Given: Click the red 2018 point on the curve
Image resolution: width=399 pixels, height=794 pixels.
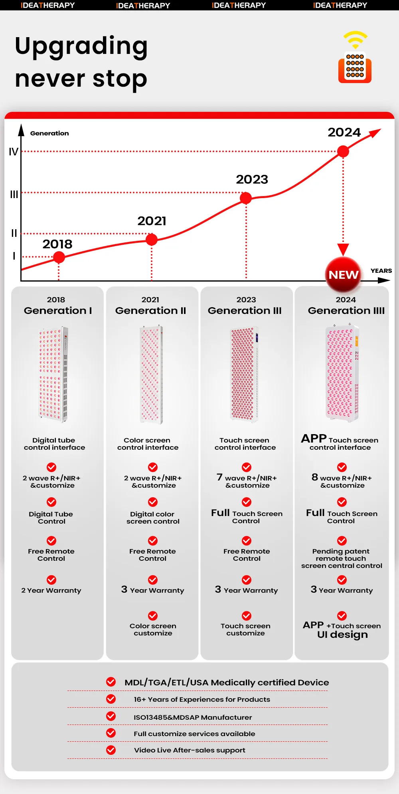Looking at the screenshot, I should pyautogui.click(x=59, y=257).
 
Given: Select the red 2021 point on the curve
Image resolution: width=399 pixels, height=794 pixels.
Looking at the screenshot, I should pyautogui.click(x=152, y=240).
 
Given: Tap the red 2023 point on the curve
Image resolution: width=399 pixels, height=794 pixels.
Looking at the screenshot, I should pyautogui.click(x=246, y=198).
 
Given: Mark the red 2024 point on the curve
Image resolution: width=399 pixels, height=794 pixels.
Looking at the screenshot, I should pyautogui.click(x=343, y=151).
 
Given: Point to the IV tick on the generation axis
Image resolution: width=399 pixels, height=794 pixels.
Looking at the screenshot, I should pyautogui.click(x=14, y=152).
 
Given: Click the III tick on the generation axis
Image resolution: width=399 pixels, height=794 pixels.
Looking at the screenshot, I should pyautogui.click(x=14, y=194).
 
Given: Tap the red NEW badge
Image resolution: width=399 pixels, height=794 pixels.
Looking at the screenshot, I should pyautogui.click(x=344, y=275).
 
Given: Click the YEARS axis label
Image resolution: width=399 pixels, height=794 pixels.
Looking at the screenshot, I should pyautogui.click(x=381, y=271).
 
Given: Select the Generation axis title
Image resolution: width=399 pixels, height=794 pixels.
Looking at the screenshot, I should pyautogui.click(x=49, y=133).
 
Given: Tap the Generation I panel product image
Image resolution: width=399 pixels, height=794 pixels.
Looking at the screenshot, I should pyautogui.click(x=53, y=374).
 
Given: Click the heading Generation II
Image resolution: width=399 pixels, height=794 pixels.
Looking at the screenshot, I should pyautogui.click(x=151, y=311).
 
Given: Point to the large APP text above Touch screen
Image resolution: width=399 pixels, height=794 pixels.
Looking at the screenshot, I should pyautogui.click(x=314, y=439).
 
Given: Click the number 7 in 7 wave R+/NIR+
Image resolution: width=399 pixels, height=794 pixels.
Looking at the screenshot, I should pyautogui.click(x=219, y=477).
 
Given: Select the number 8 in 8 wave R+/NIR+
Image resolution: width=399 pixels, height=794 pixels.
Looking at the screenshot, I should pyautogui.click(x=315, y=477).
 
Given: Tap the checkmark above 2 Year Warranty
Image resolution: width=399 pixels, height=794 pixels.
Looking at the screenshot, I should pyautogui.click(x=51, y=580).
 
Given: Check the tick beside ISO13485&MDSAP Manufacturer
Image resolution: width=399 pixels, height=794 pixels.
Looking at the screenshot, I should pyautogui.click(x=111, y=716).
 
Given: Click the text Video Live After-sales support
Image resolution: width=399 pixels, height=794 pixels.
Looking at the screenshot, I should pyautogui.click(x=190, y=750).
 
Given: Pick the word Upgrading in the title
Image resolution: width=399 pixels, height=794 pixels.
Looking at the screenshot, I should pyautogui.click(x=81, y=46).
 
